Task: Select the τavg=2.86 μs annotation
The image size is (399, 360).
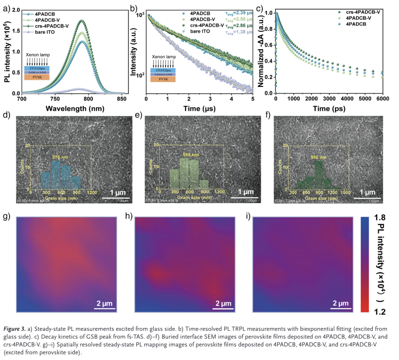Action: pos(239,26)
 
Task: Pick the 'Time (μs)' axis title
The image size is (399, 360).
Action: pos(200,109)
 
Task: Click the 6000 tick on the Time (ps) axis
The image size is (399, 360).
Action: pos(382,99)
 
